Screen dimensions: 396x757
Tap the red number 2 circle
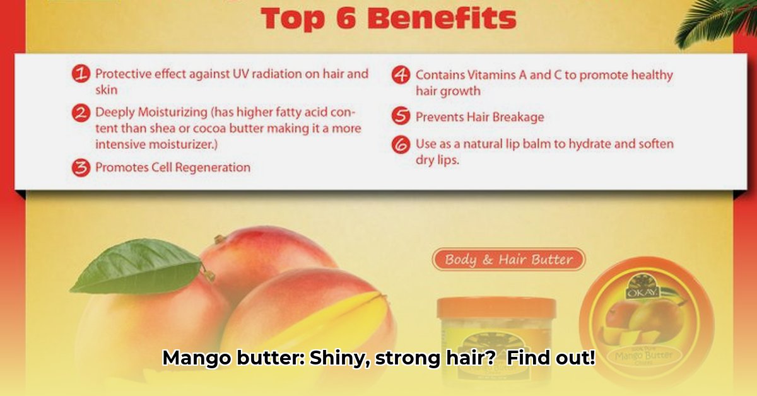coord(81,114)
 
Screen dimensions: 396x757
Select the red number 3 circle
coord(81,168)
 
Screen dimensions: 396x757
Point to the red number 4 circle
coord(401,76)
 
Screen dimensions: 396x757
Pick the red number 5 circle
coord(401,117)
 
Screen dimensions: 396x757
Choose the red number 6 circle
coord(401,144)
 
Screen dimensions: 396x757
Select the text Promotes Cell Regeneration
coord(173,168)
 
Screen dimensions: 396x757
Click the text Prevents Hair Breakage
coord(479,117)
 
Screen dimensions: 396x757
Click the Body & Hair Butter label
coord(508,259)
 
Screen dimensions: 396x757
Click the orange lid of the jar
coord(496,308)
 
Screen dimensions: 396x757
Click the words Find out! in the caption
coord(551,359)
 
